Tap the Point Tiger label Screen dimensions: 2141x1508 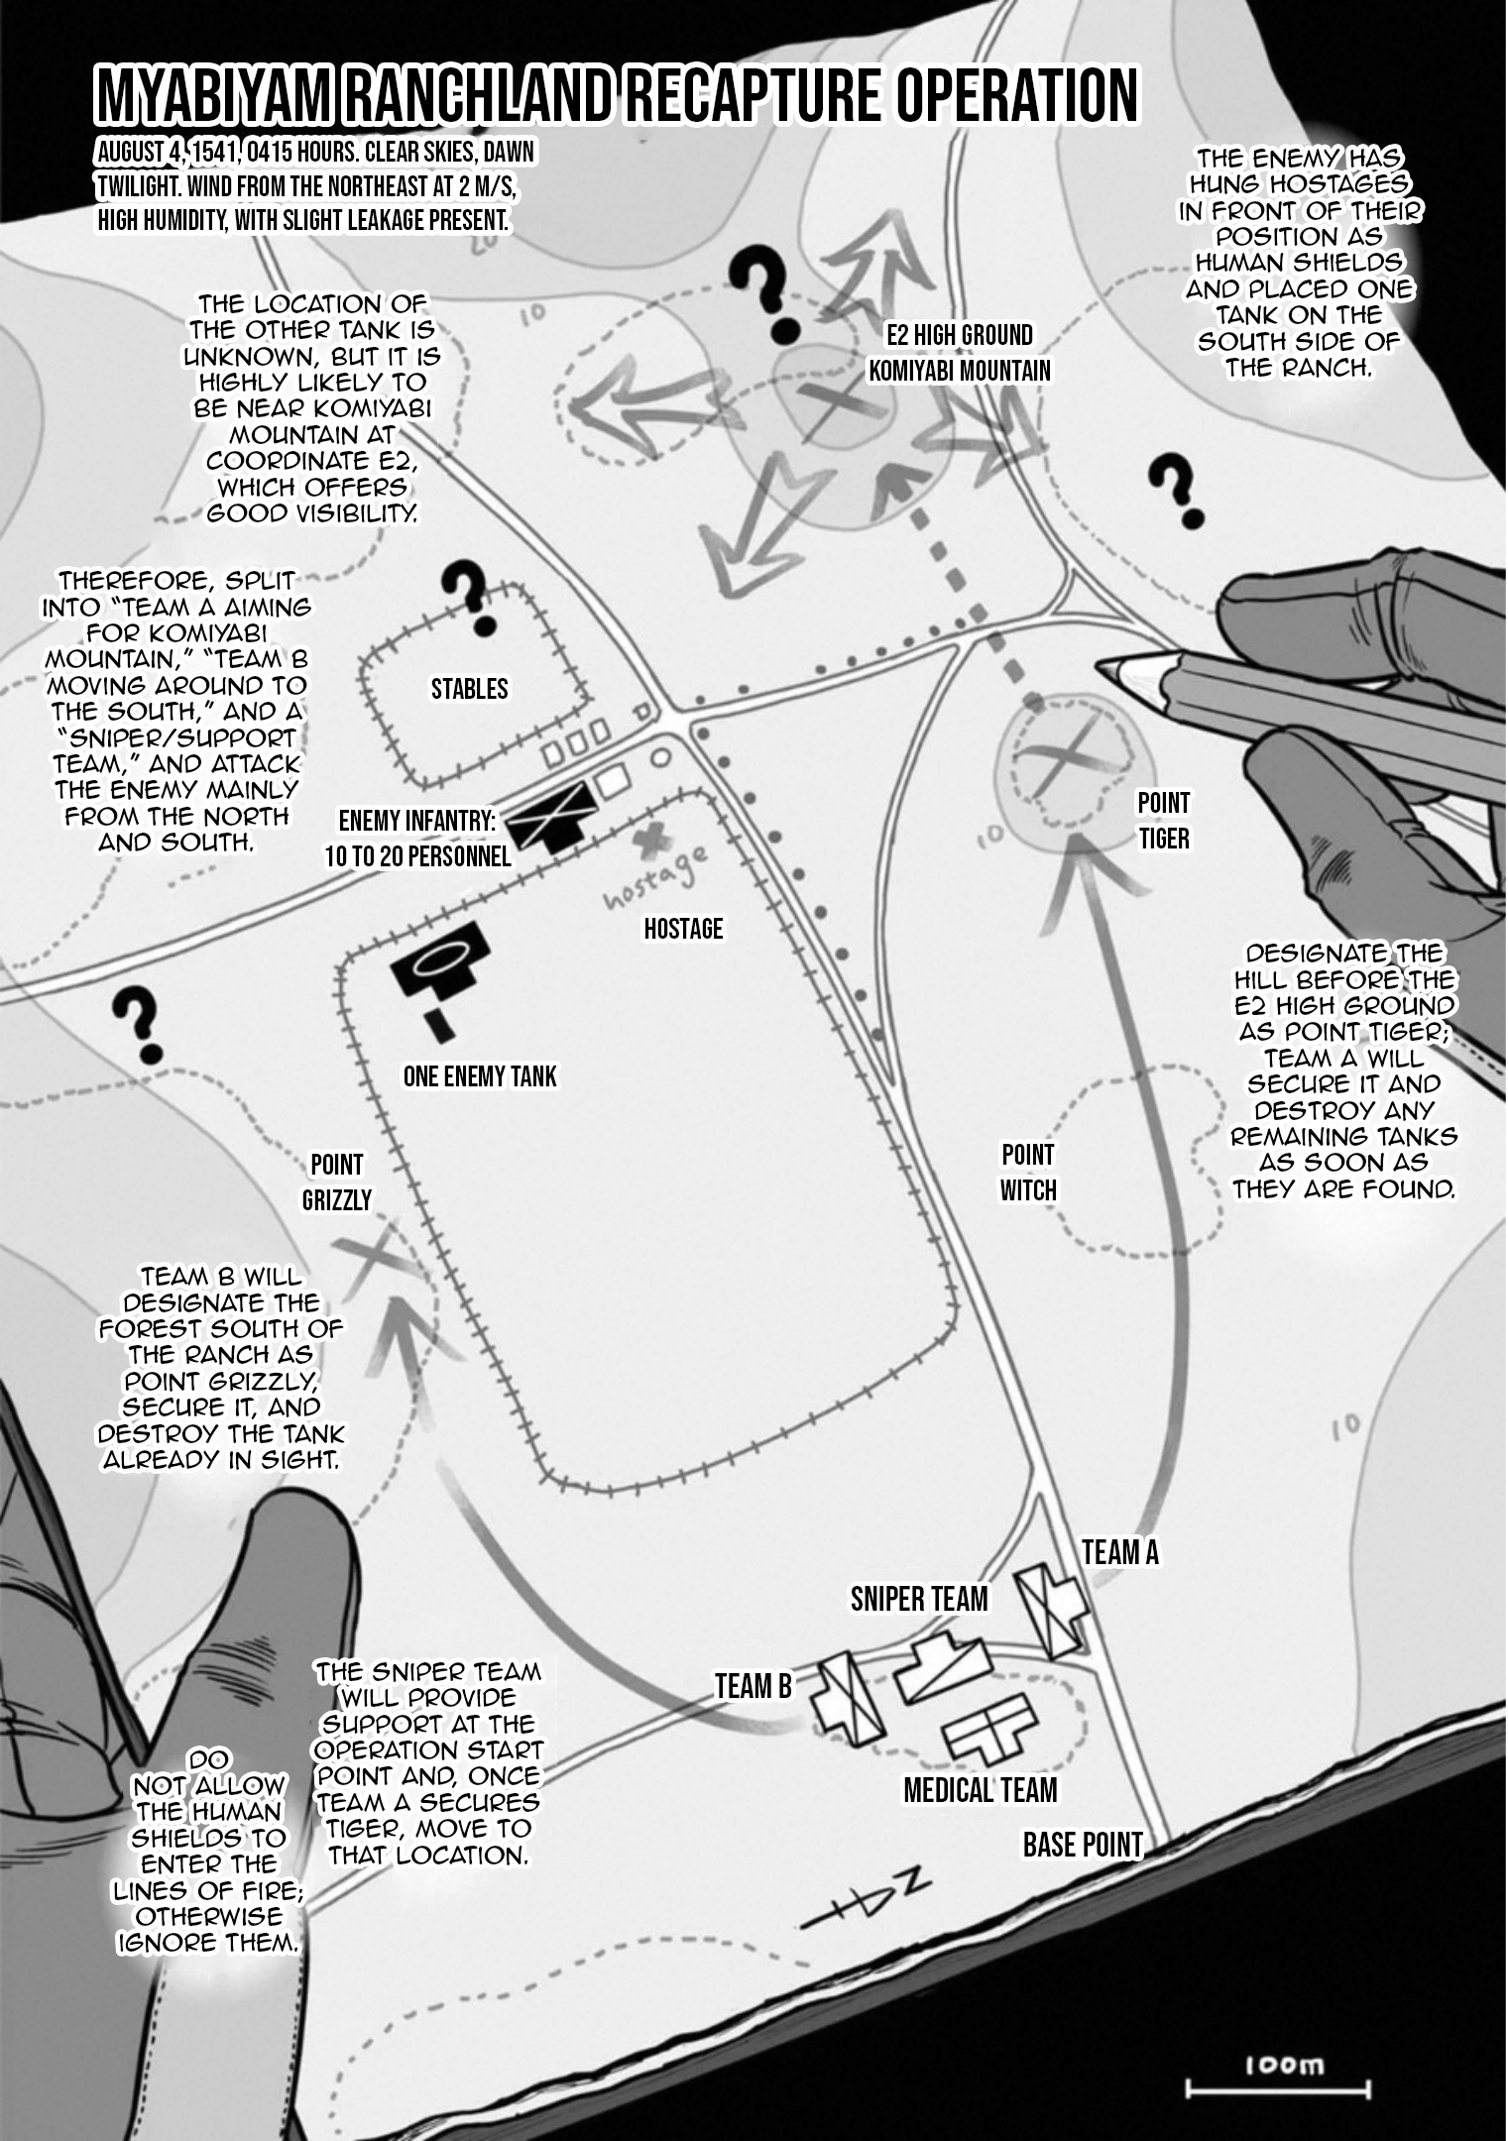pos(1163,821)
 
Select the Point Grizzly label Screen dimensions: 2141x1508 pos(336,1183)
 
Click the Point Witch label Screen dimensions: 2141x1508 pos(1027,1173)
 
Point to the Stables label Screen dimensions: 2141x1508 pos(469,689)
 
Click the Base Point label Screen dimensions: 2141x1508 pos(1082,1845)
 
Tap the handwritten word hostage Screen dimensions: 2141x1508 pos(656,878)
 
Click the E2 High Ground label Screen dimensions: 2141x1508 pos(959,336)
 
